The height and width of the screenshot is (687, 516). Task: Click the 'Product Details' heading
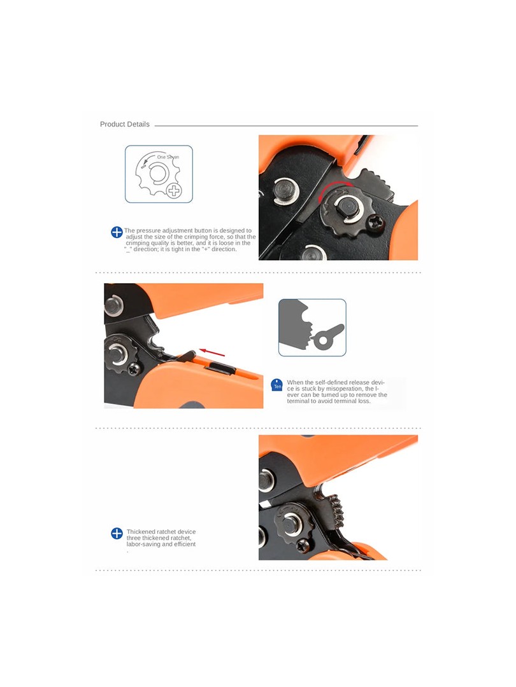coord(125,125)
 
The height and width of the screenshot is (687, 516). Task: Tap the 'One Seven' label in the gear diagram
coord(168,157)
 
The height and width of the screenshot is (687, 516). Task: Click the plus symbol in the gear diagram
coord(174,191)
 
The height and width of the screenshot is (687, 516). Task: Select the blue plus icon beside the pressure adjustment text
coord(117,232)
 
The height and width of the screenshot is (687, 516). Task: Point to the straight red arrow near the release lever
coord(212,352)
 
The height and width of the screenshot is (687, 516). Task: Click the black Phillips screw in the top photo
coord(376,223)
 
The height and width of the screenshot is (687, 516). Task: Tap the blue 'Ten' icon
coord(277,385)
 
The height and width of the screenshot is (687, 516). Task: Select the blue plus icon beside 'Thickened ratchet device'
coord(117,533)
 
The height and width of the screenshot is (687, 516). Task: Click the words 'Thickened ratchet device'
coord(161,531)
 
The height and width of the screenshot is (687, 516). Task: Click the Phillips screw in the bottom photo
coord(303,546)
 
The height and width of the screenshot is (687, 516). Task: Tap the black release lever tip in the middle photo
coord(189,356)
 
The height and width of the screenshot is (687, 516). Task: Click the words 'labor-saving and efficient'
coord(161,544)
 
